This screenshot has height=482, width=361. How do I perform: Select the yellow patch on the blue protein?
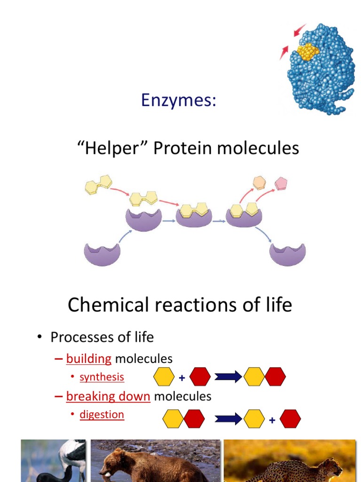307,51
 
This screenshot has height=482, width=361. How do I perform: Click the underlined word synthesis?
102,377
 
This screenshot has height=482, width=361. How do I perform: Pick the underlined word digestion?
102,415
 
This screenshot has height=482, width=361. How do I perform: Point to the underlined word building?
89,359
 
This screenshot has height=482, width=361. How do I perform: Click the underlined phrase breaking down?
108,396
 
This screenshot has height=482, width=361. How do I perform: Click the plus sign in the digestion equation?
272,420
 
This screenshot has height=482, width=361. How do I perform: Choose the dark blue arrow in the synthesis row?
228,377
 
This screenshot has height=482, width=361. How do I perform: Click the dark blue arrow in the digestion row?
228,418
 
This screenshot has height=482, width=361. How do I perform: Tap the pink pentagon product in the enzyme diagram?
281,183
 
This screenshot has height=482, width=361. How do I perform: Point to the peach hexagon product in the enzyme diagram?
259,182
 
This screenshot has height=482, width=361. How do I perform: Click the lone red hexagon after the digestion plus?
290,418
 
